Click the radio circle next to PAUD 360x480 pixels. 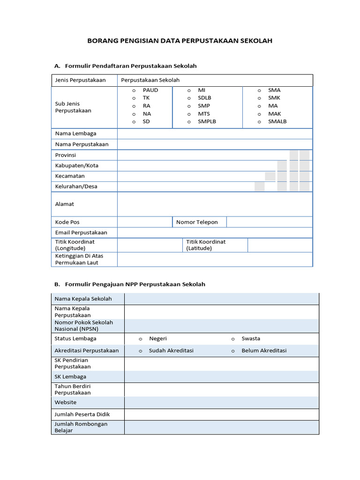[134, 90]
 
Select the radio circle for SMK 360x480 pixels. [259, 98]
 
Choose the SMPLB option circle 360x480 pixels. [189, 122]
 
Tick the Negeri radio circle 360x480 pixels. [140, 339]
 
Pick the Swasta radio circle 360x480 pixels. [232, 339]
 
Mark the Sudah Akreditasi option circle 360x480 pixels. [140, 351]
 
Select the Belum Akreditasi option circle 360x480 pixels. [232, 351]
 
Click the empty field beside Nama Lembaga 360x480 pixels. [215, 134]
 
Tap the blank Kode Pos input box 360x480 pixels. [144, 222]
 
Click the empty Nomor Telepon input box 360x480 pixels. [269, 222]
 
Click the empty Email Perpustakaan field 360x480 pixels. [215, 232]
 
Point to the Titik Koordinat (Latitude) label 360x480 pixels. [206, 245]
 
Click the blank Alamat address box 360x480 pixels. [215, 204]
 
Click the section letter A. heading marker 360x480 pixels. [57, 66]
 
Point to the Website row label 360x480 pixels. [66, 403]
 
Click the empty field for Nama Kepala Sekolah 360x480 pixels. [221, 299]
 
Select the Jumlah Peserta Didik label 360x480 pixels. [82, 414]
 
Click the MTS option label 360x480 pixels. [204, 114]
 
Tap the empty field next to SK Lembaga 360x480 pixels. [221, 377]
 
